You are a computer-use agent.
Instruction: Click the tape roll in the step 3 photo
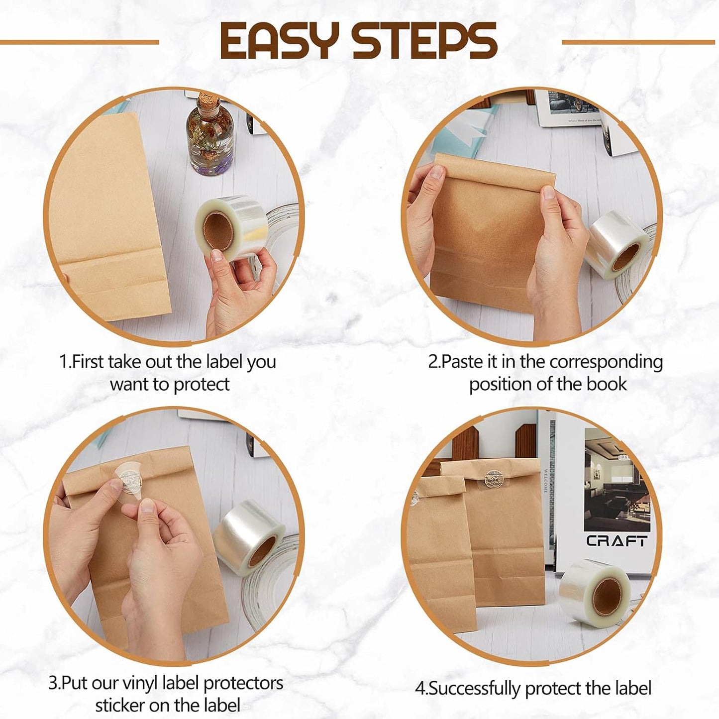[x=249, y=533]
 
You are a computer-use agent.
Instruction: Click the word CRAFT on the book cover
[x=617, y=541]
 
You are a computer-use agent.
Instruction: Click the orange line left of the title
[x=80, y=42]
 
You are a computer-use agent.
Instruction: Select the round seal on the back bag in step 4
[x=495, y=478]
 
